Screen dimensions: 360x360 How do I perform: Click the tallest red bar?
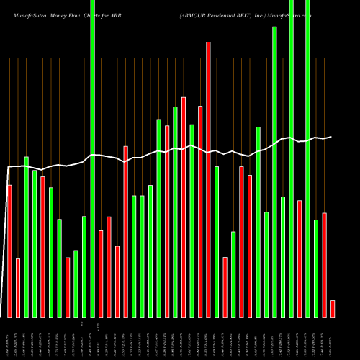coord(209,179)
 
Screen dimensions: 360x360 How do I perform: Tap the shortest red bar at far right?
coord(333,309)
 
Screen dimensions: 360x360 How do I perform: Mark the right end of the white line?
coord(332,137)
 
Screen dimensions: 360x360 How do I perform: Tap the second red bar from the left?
coord(18,288)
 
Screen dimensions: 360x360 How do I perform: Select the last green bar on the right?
coord(316,268)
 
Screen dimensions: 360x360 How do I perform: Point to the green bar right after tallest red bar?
coord(217,241)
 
